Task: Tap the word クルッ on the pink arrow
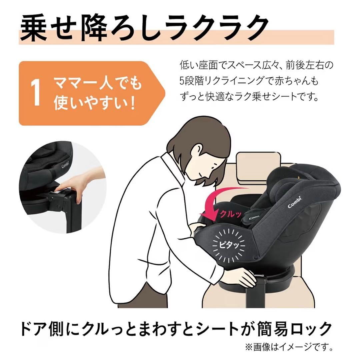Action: [x=230, y=214]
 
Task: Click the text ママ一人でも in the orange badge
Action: [x=98, y=84]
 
